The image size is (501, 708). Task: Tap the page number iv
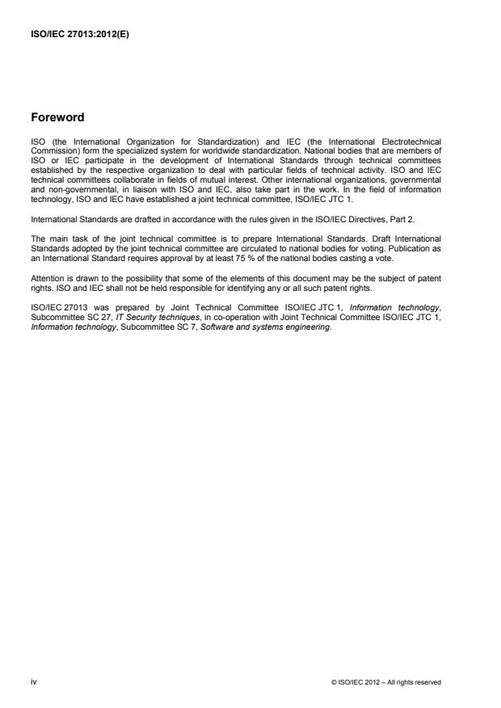(x=33, y=681)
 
